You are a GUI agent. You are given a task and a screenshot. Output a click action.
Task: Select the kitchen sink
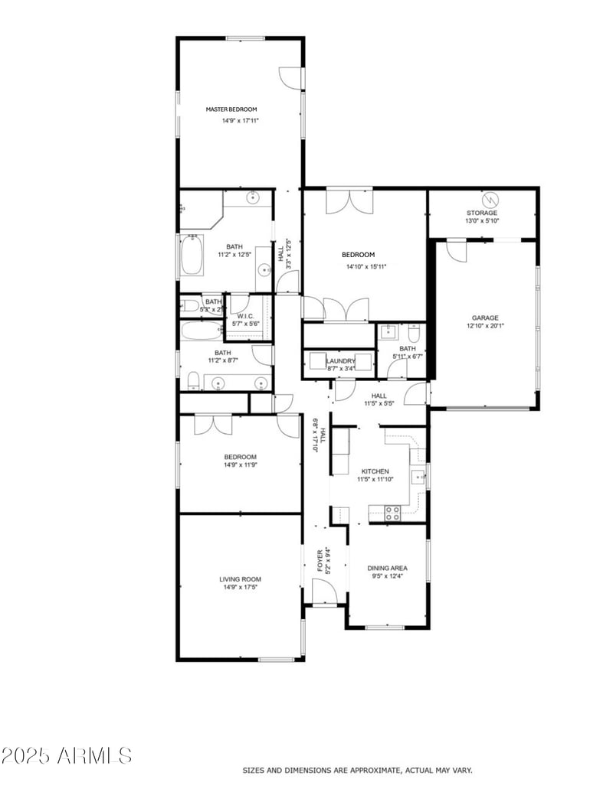pyautogui.click(x=418, y=477)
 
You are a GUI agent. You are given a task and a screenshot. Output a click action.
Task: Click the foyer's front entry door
pyautogui.click(x=323, y=591)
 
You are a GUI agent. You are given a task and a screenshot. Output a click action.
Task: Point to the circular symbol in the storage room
pyautogui.click(x=490, y=199)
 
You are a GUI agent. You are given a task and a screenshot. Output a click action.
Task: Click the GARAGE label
pyautogui.click(x=485, y=318)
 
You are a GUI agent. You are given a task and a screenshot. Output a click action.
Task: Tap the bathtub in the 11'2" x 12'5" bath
pyautogui.click(x=192, y=256)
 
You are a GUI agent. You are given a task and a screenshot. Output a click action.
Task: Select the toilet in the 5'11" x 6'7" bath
pyautogui.click(x=414, y=334)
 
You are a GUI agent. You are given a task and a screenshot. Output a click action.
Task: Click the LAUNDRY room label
pyautogui.click(x=340, y=361)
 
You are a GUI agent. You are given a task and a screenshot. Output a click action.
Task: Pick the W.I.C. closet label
pyautogui.click(x=245, y=316)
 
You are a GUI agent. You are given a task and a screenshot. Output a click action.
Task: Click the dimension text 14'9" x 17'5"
pyautogui.click(x=240, y=588)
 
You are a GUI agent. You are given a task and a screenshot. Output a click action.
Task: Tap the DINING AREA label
pyautogui.click(x=387, y=568)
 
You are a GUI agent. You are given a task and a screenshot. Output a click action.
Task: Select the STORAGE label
pyautogui.click(x=482, y=213)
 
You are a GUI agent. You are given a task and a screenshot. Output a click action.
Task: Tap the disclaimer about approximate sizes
pyautogui.click(x=357, y=770)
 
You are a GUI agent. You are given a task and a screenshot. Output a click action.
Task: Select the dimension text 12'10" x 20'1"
pyautogui.click(x=485, y=326)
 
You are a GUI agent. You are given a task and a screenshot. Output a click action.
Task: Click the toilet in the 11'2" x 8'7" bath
pyautogui.click(x=193, y=380)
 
